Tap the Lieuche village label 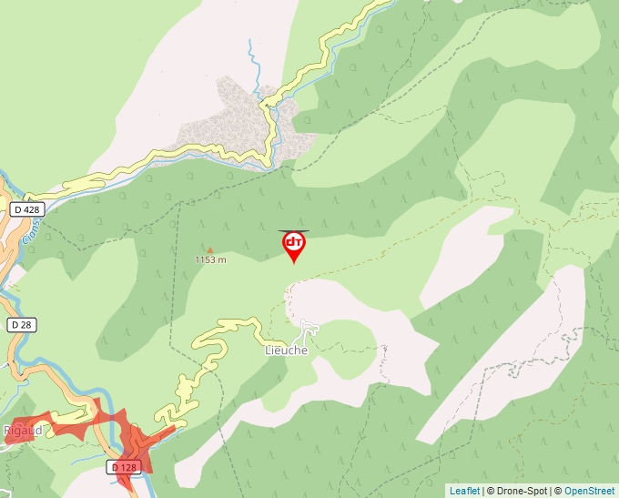[x=286, y=351]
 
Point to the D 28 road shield [x=21, y=324]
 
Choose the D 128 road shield [x=126, y=467]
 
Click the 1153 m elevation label [x=210, y=259]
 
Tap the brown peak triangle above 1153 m [x=210, y=249]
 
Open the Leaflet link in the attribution [x=464, y=491]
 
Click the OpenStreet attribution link [x=589, y=491]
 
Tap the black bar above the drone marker [x=294, y=230]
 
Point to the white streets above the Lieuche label [x=309, y=328]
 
